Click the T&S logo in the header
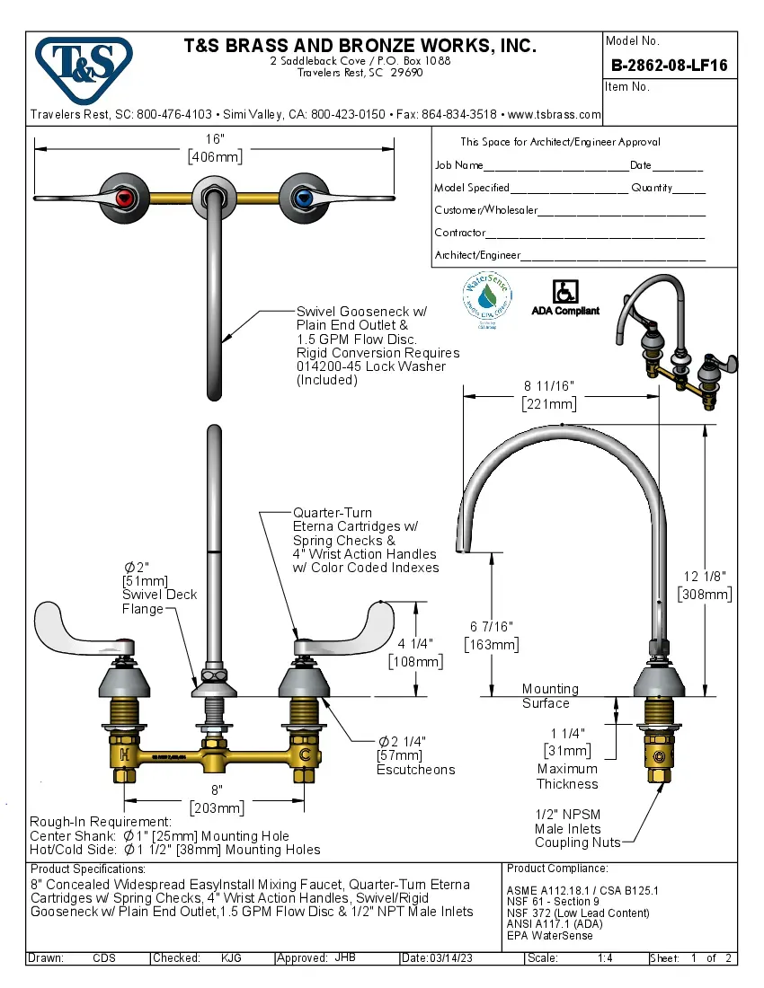tap(84, 66)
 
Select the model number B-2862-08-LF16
tap(669, 66)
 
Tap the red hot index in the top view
tap(126, 198)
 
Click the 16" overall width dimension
tap(214, 139)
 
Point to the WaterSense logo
tap(486, 297)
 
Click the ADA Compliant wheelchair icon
tap(565, 292)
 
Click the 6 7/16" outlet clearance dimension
tap(491, 625)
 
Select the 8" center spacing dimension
tap(216, 790)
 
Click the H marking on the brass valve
tap(124, 752)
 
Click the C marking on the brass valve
tap(305, 752)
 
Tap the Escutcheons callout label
tap(415, 770)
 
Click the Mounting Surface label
tap(550, 695)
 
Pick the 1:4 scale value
tap(605, 958)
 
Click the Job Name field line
tap(555, 165)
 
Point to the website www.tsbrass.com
tap(554, 115)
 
